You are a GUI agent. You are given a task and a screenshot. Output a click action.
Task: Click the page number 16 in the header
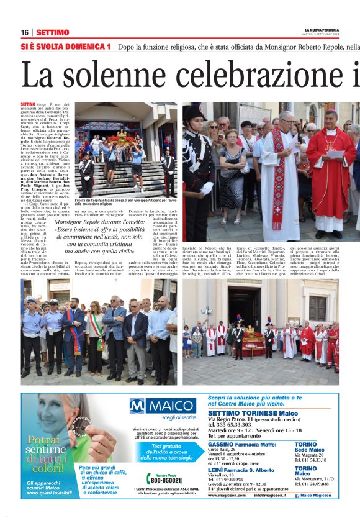point(25,32)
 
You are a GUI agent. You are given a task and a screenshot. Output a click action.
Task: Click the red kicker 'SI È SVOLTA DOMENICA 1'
point(66,47)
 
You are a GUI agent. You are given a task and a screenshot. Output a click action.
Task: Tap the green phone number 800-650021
point(166,480)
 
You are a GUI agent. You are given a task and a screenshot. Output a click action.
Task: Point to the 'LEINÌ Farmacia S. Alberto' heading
point(241,470)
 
